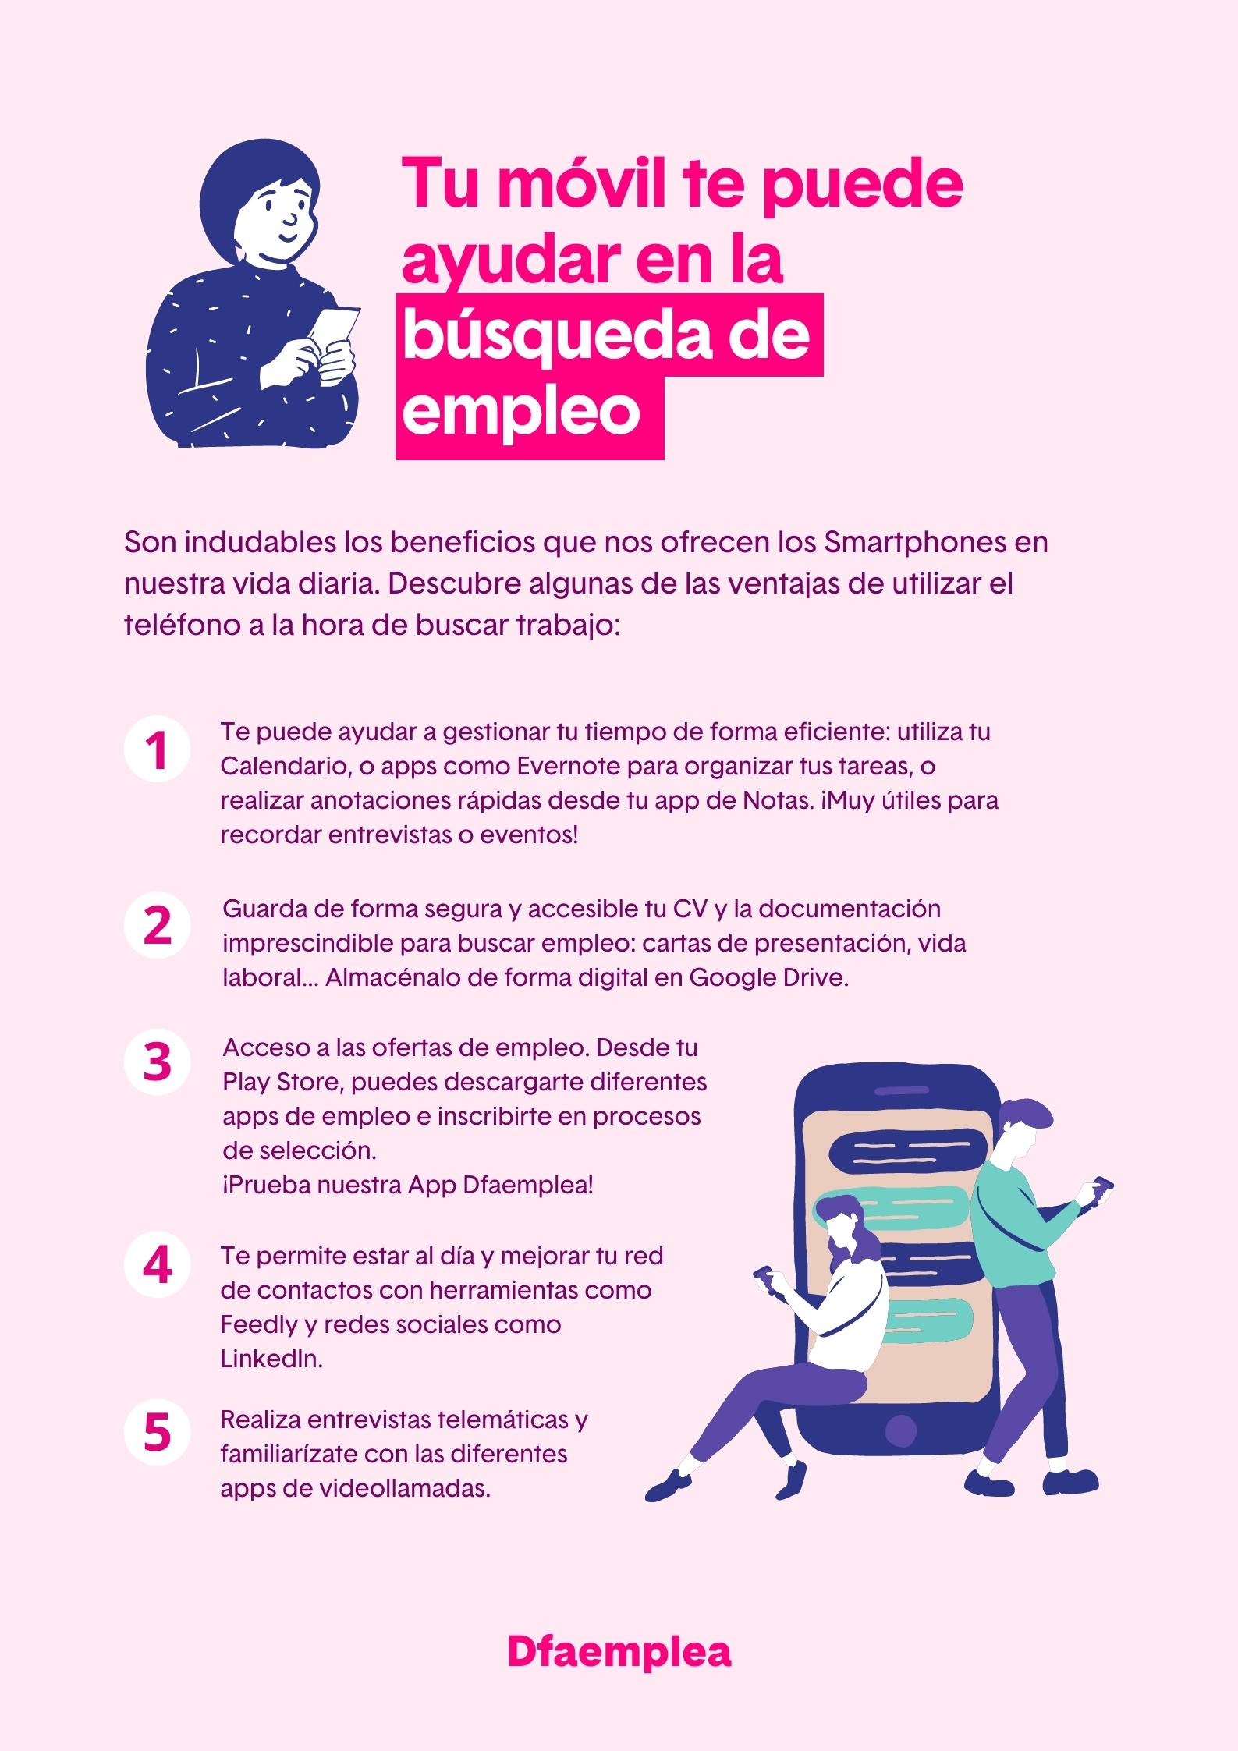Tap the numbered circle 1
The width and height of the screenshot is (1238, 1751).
[x=158, y=750]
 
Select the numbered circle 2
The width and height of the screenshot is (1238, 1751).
[x=158, y=925]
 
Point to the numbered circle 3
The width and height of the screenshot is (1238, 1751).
[x=158, y=1062]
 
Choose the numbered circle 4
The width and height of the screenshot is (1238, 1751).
[x=158, y=1266]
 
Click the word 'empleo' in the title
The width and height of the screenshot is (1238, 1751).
[x=520, y=414]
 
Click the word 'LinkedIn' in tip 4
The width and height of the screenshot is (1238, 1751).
[x=271, y=1359]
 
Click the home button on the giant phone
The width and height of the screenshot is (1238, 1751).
[x=901, y=1430]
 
